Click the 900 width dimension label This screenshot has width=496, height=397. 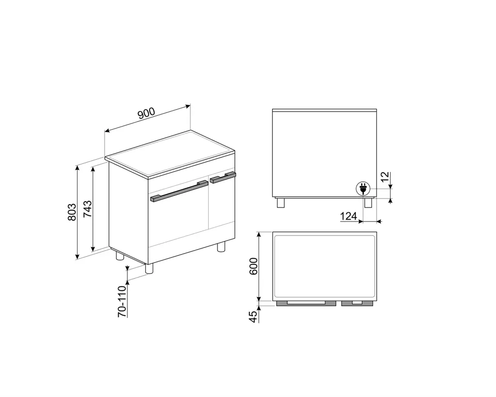coord(146,114)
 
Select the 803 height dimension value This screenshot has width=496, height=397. coord(72,212)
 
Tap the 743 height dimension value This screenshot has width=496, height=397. coord(88,209)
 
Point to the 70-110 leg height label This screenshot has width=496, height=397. coord(122,301)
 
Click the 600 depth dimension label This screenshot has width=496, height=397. coord(252,266)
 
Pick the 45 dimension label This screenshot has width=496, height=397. coord(252,316)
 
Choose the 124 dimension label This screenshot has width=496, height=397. coord(348,216)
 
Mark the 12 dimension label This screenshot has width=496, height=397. coord(385,177)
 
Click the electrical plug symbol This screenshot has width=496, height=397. coord(363,188)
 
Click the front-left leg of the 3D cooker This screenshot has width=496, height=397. coord(149,270)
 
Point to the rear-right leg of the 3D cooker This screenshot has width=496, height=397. coord(221,246)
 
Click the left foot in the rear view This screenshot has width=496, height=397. coord(281,203)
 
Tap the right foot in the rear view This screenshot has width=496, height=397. coord(368,203)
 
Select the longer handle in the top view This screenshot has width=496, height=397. coord(305,303)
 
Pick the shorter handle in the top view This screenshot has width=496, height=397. coord(357,303)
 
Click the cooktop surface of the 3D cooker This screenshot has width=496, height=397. coord(170,153)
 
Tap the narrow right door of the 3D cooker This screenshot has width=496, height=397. coord(221,204)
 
